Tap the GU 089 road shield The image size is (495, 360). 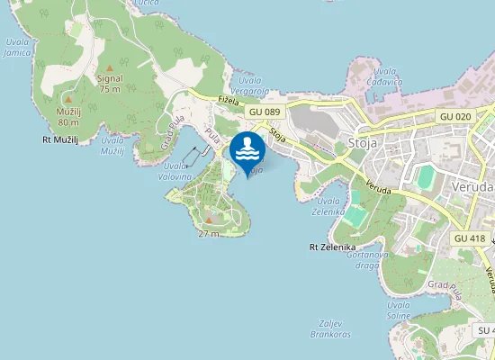coord(265,112)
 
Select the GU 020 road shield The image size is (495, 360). coord(455,117)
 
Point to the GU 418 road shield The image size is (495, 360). coord(470,238)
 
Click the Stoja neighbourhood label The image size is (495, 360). coord(361,143)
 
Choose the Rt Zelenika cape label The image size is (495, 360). coord(333,247)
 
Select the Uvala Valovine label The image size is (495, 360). coord(178,172)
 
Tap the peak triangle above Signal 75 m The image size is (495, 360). coord(110,67)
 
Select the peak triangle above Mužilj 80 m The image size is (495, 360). coord(68,100)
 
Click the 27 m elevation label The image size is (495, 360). coord(209,233)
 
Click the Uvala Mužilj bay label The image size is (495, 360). coord(112,146)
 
